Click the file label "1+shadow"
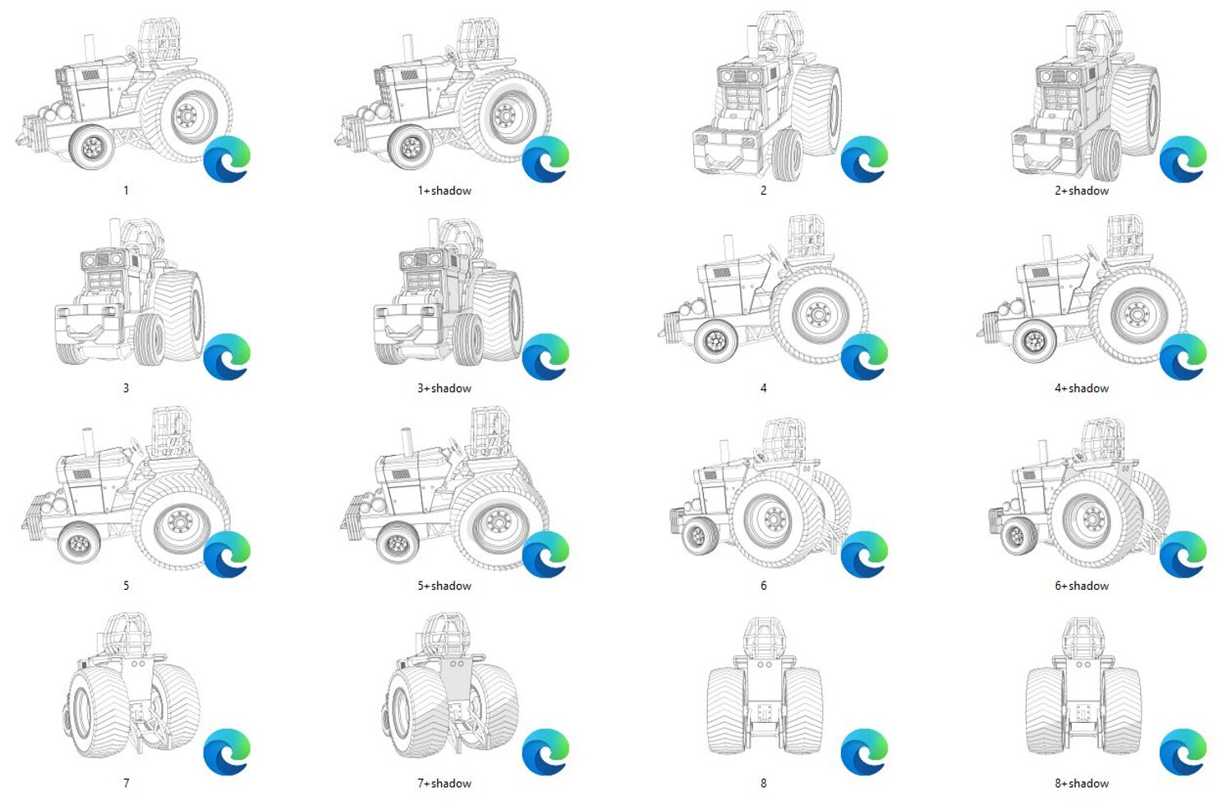pyautogui.click(x=444, y=191)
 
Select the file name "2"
pyautogui.click(x=763, y=191)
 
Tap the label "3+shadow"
pyautogui.click(x=444, y=388)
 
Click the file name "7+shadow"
pyautogui.click(x=444, y=783)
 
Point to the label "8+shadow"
pyautogui.click(x=1082, y=783)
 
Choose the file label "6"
pyautogui.click(x=763, y=586)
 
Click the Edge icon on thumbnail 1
pyautogui.click(x=227, y=159)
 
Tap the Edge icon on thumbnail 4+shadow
pyautogui.click(x=1183, y=356)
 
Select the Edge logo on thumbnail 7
pyautogui.click(x=227, y=752)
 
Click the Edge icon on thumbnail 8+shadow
pyautogui.click(x=1183, y=752)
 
